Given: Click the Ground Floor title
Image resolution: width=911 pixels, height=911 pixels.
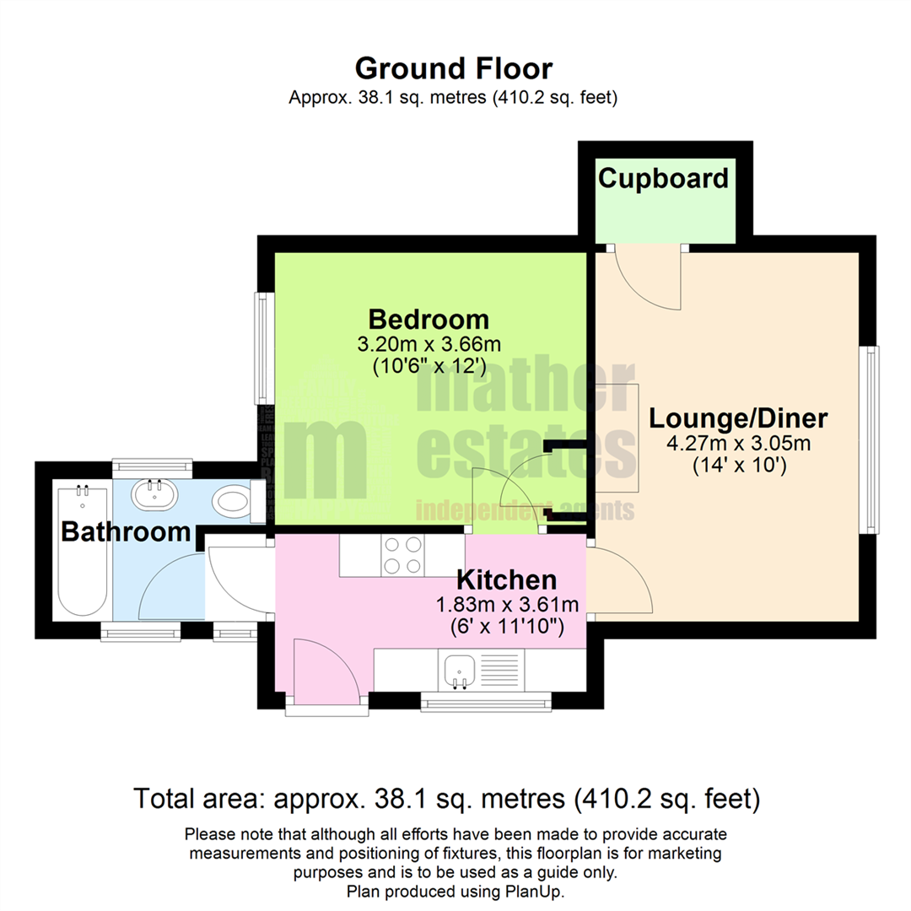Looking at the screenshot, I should pyautogui.click(x=454, y=67).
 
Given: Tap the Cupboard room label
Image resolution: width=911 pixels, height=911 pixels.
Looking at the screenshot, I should pyautogui.click(x=663, y=179).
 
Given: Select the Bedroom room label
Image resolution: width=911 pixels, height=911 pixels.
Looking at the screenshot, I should pyautogui.click(x=429, y=320).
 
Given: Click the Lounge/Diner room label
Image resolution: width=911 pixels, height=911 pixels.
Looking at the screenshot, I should pyautogui.click(x=739, y=418).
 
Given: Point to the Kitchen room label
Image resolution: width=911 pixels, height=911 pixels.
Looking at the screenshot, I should pyautogui.click(x=506, y=580).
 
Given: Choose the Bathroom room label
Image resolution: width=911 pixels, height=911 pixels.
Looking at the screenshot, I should pyautogui.click(x=126, y=532).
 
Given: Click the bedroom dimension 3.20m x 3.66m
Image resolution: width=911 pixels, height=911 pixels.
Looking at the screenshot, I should pyautogui.click(x=429, y=344).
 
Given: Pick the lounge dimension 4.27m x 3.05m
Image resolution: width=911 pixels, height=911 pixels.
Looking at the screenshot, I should pyautogui.click(x=739, y=443).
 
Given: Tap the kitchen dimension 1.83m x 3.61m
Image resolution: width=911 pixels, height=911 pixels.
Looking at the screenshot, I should pyautogui.click(x=506, y=604).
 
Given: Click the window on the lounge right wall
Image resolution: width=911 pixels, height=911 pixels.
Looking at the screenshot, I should pyautogui.click(x=870, y=439).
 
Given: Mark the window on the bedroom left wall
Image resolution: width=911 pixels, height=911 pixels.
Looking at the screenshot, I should pyautogui.click(x=263, y=348).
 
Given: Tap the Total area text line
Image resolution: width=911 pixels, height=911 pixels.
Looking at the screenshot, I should pyautogui.click(x=447, y=797).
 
